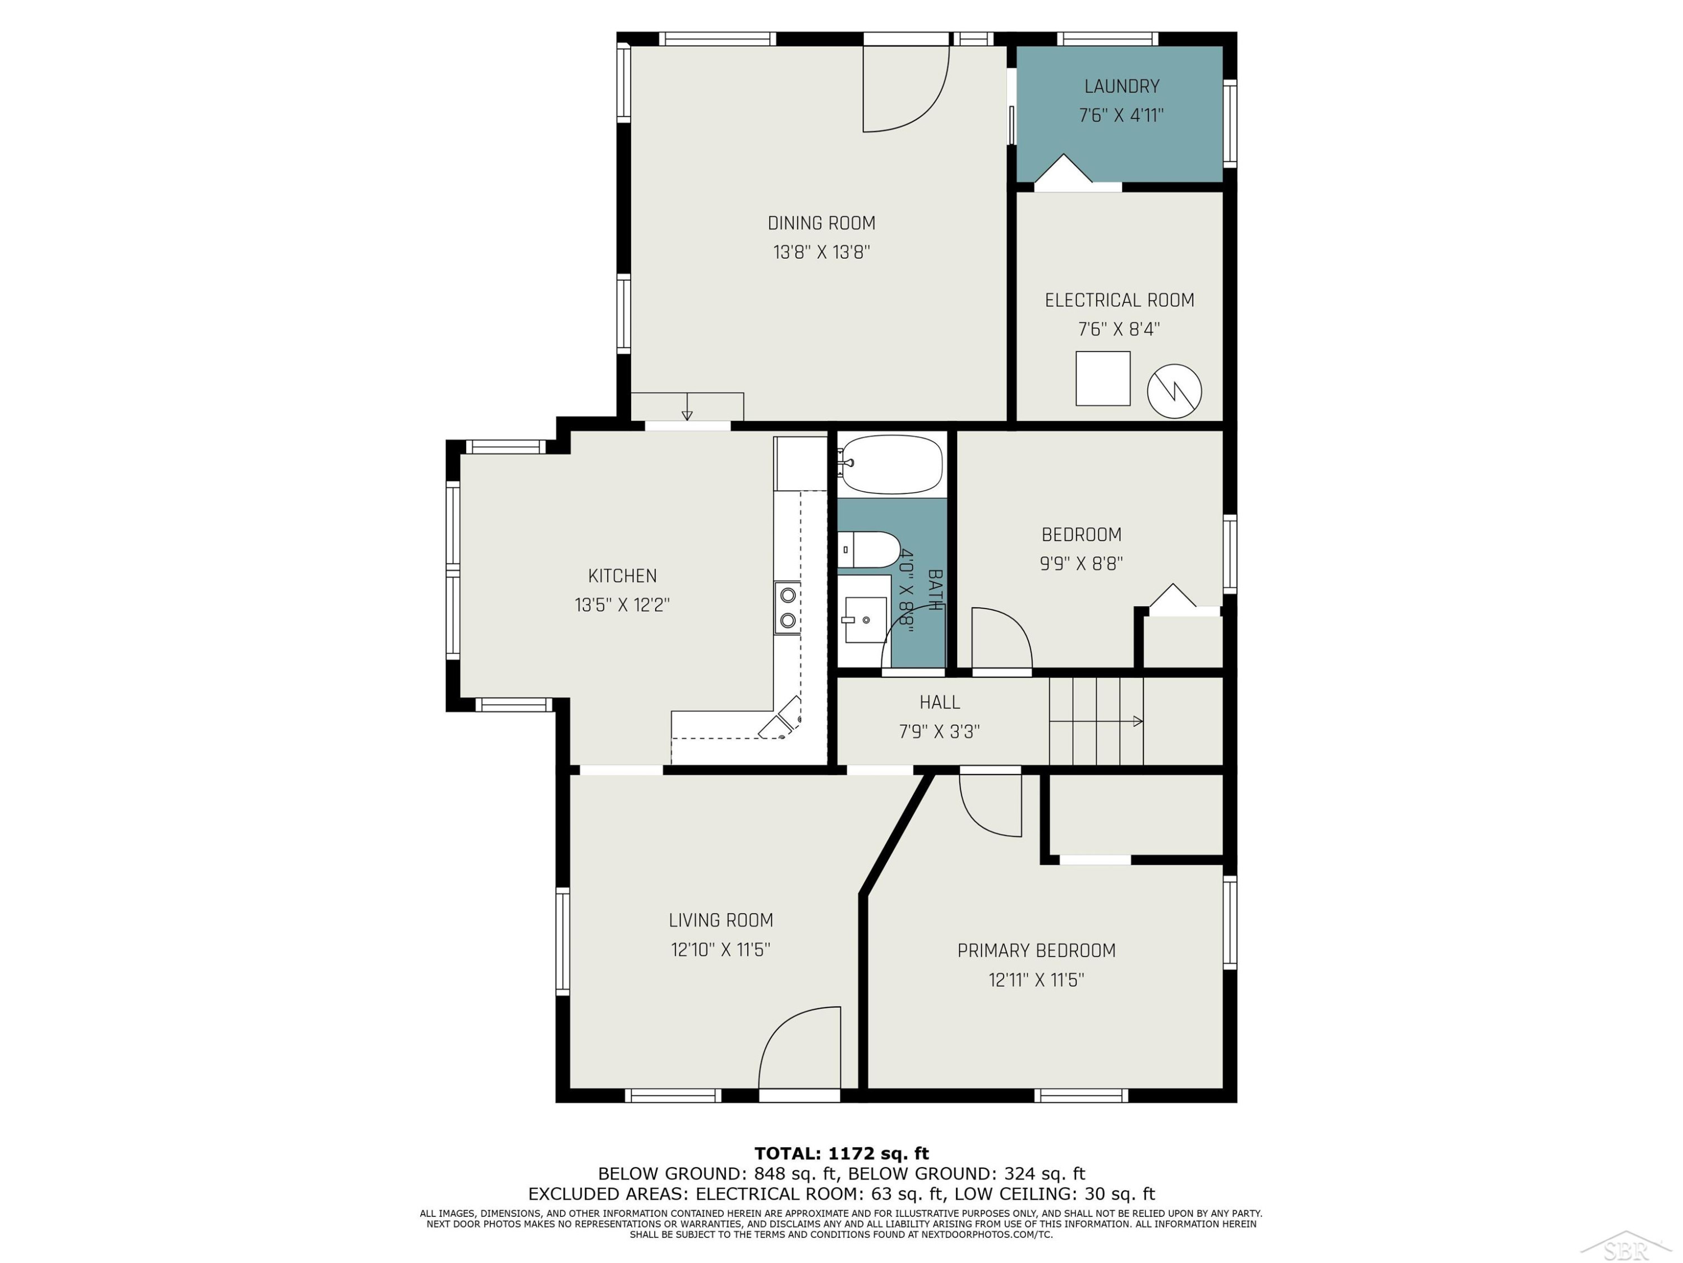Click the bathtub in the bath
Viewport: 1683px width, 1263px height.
[892, 464]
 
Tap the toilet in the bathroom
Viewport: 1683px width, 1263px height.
[869, 550]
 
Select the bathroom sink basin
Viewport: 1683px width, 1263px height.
[866, 620]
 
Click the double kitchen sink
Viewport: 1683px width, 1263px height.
[788, 607]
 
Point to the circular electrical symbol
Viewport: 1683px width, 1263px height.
[1174, 391]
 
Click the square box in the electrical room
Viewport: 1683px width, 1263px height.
[1102, 378]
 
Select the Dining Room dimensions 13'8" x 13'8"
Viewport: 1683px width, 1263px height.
[822, 252]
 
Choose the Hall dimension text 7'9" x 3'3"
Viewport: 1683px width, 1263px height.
[940, 731]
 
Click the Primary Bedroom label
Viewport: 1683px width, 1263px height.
[1036, 951]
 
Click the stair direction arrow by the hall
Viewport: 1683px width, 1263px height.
[1096, 721]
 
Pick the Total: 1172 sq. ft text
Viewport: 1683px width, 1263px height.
[842, 1154]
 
